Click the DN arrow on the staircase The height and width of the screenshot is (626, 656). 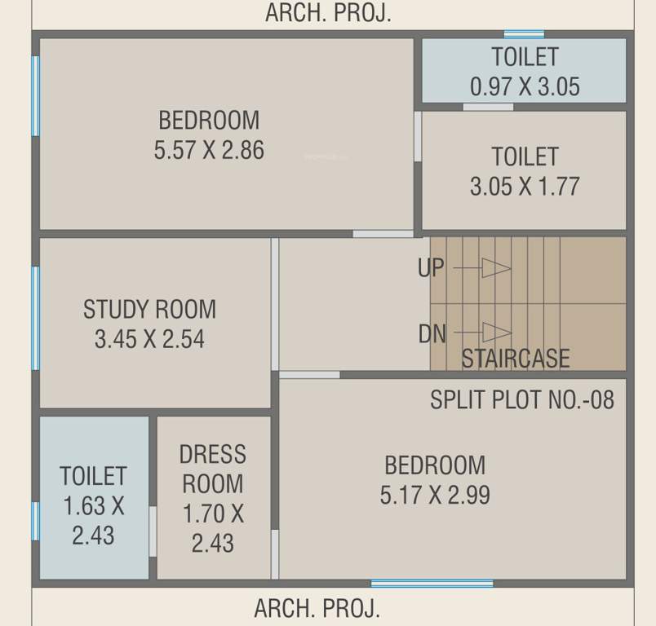point(494,333)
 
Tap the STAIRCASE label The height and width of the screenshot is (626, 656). point(516,359)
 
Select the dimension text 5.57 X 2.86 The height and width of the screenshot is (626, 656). point(209,150)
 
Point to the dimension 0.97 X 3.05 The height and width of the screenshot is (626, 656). point(525,86)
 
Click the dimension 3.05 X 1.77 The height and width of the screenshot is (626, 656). point(525,186)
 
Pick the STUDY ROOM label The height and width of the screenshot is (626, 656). point(150,310)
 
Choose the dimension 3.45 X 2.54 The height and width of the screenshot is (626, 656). point(150,339)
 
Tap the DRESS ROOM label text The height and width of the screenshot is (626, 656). point(213,469)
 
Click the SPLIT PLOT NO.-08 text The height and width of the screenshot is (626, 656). point(522,399)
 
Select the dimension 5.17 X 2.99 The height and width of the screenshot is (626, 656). point(435,495)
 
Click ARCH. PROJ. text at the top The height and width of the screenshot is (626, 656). point(328,14)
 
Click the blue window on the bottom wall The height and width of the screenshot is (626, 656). point(432,583)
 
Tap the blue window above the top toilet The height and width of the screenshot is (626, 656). point(524,34)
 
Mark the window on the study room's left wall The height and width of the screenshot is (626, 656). point(36,318)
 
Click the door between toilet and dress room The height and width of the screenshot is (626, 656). point(153,531)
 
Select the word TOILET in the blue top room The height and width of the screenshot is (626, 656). point(525,57)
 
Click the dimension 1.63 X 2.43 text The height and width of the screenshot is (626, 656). point(94,521)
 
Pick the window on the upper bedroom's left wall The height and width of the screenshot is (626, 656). point(36,95)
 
